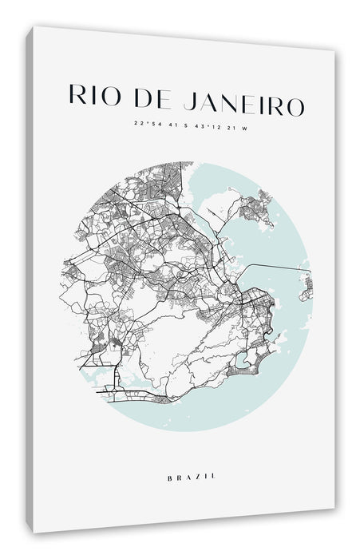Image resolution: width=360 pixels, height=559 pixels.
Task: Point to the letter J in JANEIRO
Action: (x=187, y=100)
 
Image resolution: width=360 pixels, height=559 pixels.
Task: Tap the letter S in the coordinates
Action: (x=184, y=125)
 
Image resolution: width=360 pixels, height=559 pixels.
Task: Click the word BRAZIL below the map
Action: (x=190, y=454)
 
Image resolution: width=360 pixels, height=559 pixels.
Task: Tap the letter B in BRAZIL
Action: (x=170, y=454)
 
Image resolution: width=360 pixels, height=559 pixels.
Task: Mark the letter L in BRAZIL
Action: (x=212, y=454)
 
